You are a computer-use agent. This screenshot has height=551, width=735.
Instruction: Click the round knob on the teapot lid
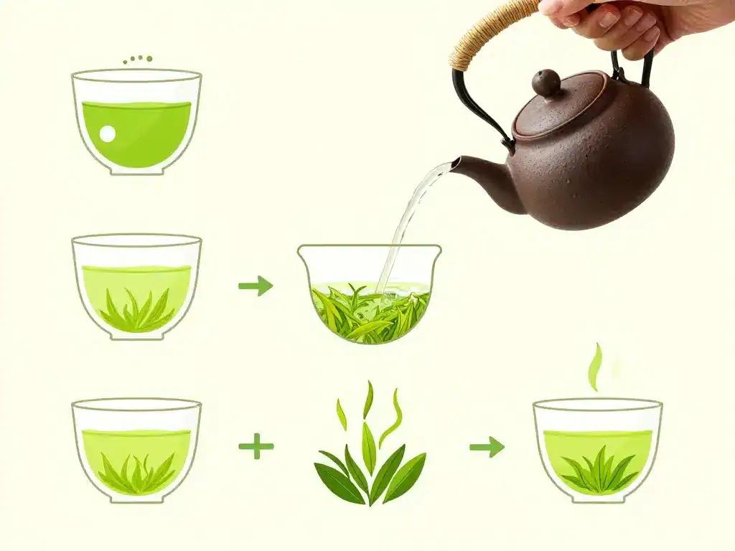pos(547,83)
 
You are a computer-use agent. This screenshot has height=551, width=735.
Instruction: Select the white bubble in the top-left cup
pos(107,133)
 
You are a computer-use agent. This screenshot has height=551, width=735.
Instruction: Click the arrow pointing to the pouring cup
pos(256,286)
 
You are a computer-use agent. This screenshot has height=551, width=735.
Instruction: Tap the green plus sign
pos(256,447)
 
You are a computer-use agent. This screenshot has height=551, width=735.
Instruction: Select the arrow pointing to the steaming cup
pos(487,447)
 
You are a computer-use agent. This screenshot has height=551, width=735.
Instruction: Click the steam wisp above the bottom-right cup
pos(595,366)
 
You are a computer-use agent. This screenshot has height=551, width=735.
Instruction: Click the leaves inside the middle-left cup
pos(136,312)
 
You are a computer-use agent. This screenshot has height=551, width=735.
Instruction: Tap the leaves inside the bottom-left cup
pos(136,474)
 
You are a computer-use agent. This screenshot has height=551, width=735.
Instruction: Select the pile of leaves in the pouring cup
pos(370,312)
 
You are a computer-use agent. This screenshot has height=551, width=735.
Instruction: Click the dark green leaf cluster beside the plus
pos(370,474)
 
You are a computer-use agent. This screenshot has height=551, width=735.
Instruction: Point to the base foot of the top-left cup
pos(136,170)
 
